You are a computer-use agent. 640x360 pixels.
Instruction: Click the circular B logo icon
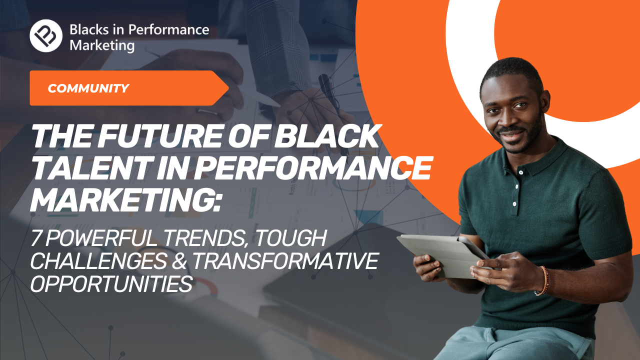coord(46,35)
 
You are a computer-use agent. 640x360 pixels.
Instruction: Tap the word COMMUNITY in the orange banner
coord(88,88)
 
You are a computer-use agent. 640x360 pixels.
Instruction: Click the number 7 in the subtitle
coord(36,237)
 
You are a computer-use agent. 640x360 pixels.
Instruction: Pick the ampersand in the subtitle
coord(179,261)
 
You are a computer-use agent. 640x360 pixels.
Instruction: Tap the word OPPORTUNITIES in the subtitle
coord(111,284)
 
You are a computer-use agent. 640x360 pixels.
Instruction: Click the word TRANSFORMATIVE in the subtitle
coord(285,261)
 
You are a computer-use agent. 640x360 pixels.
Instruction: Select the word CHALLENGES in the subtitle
coord(98,261)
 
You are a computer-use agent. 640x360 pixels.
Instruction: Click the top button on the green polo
coord(521,172)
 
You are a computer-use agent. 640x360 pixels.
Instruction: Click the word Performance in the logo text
coord(168,30)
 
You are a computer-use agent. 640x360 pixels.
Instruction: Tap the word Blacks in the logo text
coord(89,29)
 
